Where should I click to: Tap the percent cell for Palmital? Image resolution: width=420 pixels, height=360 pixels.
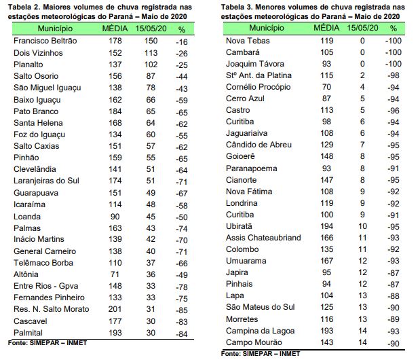click(x=181, y=333)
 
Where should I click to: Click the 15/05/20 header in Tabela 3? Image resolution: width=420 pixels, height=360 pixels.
click(x=362, y=29)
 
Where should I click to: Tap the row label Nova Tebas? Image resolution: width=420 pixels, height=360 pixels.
click(x=246, y=41)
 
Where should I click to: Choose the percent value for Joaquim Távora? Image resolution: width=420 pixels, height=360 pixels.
click(x=392, y=64)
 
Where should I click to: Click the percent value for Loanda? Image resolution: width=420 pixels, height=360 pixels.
click(x=181, y=216)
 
